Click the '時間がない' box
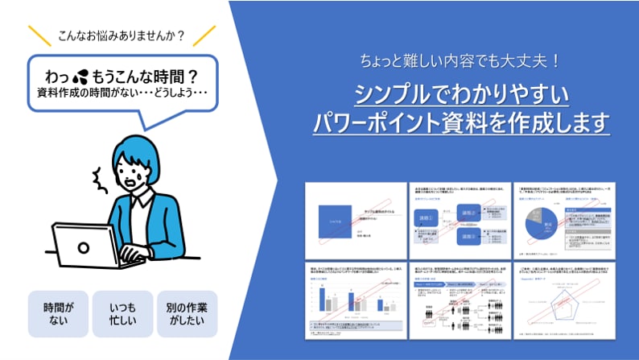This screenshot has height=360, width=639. tap(59, 314)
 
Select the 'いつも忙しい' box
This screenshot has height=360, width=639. tap(122, 314)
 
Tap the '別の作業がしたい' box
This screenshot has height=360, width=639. tap(187, 314)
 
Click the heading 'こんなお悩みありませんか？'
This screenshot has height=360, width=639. tap(122, 35)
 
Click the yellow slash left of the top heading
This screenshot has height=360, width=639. tap(39, 35)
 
